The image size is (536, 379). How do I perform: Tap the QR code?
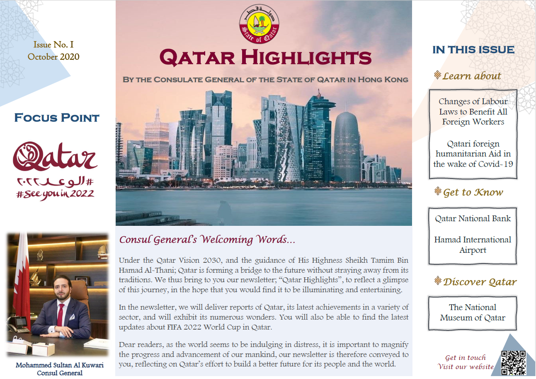(x=513, y=362)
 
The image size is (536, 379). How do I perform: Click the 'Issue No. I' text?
(x=53, y=45)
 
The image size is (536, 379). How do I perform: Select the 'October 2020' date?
(x=53, y=56)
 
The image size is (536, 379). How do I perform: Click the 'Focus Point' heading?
(x=57, y=117)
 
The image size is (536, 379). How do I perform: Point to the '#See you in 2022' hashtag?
(x=55, y=194)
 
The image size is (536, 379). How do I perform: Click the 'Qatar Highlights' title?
(x=265, y=58)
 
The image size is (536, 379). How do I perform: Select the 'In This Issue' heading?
(x=473, y=50)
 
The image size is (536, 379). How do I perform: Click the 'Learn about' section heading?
(x=472, y=76)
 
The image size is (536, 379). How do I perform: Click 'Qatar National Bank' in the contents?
(x=473, y=218)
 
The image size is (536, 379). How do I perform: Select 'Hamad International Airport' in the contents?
(x=473, y=245)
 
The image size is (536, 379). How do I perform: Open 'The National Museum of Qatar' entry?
(x=473, y=313)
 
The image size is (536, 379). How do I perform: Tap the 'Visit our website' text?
(x=466, y=367)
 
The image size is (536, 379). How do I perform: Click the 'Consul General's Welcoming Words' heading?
(x=207, y=240)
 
